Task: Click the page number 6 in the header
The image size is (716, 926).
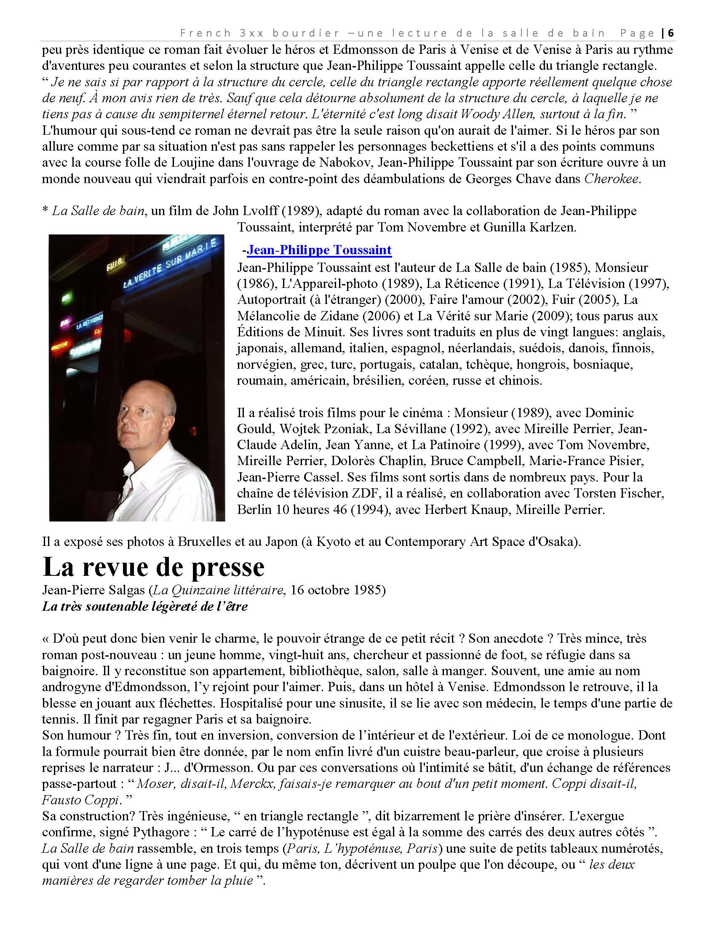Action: click(671, 33)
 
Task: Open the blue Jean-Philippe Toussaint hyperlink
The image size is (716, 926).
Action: click(319, 250)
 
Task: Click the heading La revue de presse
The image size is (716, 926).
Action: click(153, 567)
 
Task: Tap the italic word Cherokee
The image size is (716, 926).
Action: click(611, 178)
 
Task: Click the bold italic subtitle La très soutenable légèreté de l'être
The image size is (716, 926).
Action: click(144, 606)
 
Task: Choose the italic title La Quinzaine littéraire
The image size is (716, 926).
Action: click(219, 590)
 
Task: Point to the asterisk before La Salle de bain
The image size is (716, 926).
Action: click(45, 211)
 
